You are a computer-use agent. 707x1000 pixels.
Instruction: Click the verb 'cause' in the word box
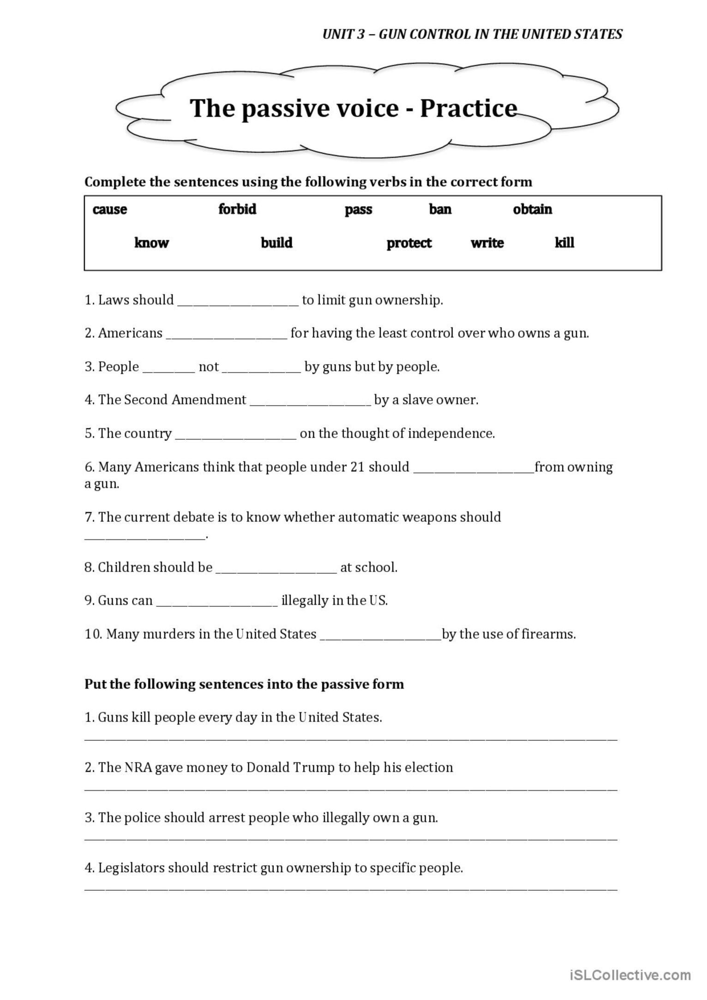tap(110, 210)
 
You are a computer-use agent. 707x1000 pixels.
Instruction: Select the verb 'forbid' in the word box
tap(237, 209)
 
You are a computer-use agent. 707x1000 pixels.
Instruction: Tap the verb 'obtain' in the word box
tap(532, 210)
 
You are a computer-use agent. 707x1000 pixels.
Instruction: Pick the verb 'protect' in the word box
tap(409, 243)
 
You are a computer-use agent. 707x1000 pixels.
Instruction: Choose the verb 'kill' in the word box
tap(564, 243)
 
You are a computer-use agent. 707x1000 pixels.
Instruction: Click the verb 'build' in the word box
tap(276, 243)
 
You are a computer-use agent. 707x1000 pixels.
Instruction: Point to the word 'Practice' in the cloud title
tap(468, 109)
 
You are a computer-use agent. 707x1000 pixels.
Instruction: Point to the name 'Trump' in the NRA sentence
tap(313, 767)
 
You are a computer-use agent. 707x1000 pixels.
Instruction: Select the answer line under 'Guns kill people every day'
tap(351, 738)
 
